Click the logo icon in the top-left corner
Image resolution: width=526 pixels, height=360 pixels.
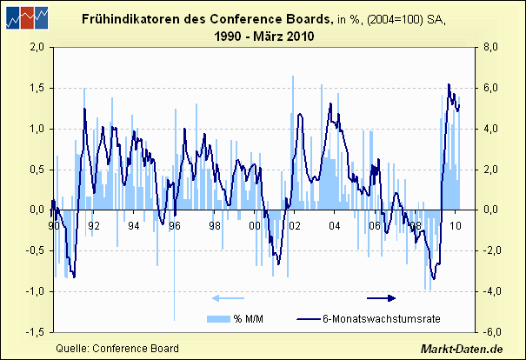25,16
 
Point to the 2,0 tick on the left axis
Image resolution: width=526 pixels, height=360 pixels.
36,48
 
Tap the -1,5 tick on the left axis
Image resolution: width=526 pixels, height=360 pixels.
34,332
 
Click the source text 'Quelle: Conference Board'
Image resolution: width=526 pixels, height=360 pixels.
117,348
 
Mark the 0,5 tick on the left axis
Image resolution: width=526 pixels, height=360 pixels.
36,170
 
